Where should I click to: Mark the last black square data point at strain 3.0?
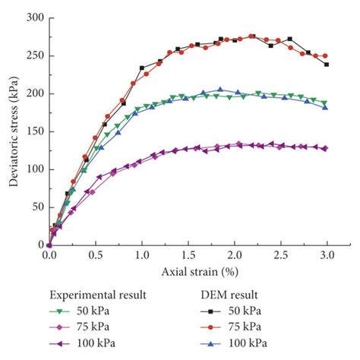(327, 65)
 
